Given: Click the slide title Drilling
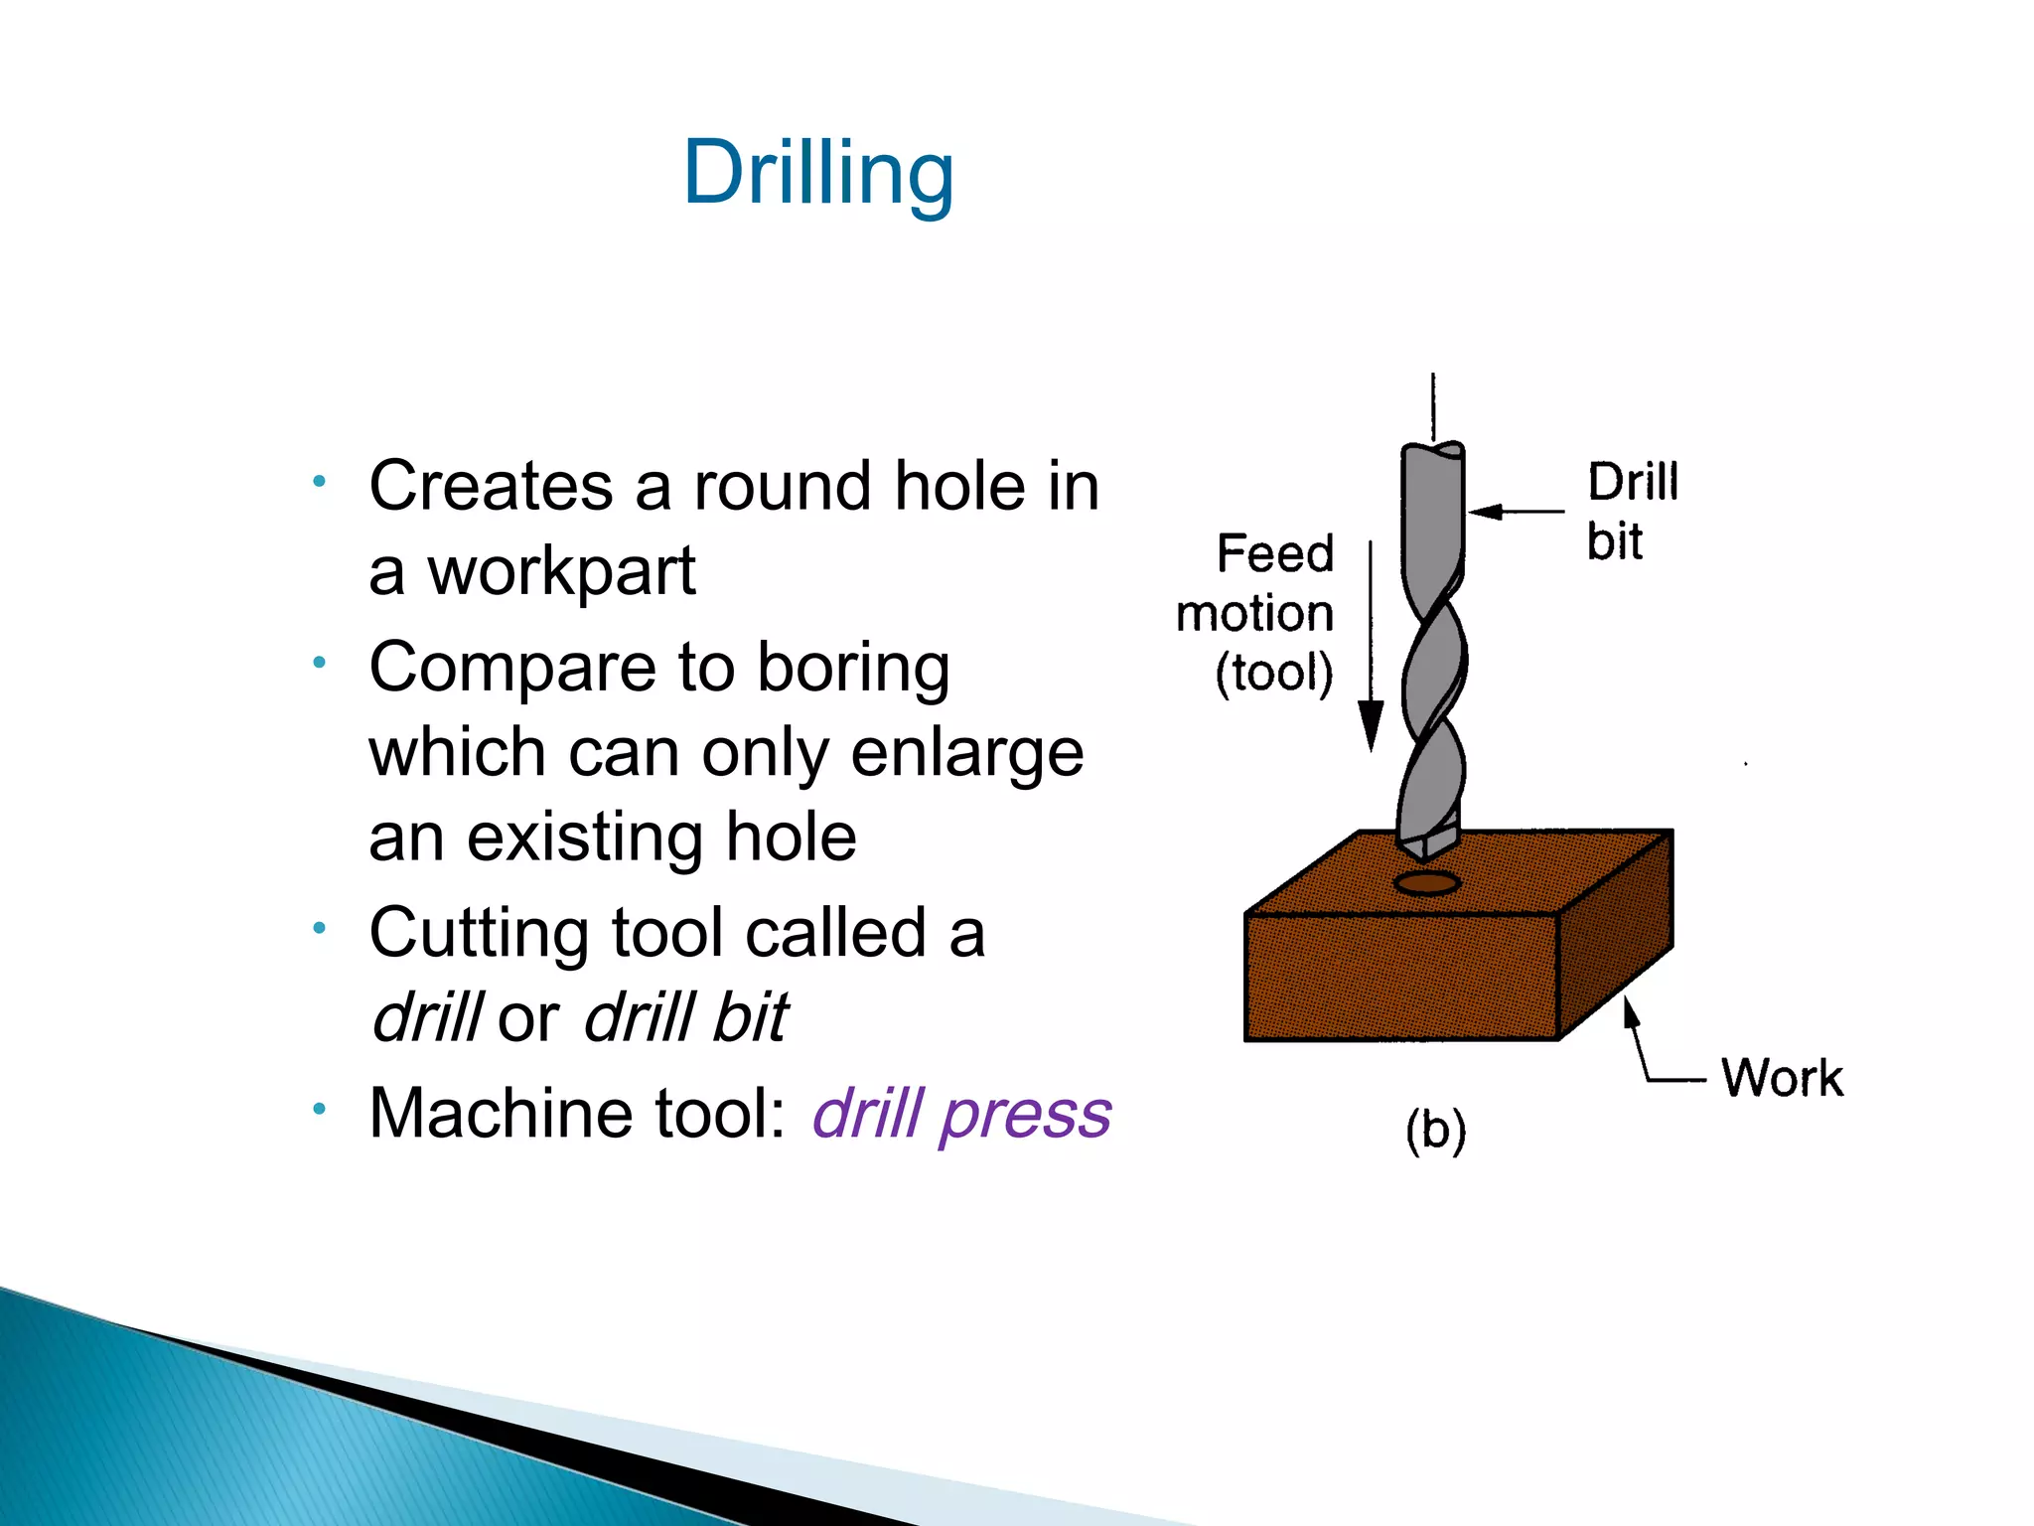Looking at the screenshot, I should [x=818, y=173].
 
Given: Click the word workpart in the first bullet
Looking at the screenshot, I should [x=561, y=572].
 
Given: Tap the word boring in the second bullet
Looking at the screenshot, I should [x=853, y=667].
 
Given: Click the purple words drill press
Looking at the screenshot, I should [x=960, y=1113].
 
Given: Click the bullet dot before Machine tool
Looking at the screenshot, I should [x=319, y=1108].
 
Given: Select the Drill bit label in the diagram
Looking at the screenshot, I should [x=1631, y=512].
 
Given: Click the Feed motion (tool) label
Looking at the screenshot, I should [x=1255, y=613].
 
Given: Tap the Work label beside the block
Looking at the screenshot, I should [x=1782, y=1078].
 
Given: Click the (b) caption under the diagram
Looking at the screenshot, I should [x=1435, y=1131].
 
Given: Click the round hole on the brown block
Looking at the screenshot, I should [x=1426, y=883].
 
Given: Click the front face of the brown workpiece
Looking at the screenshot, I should [x=1400, y=978].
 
